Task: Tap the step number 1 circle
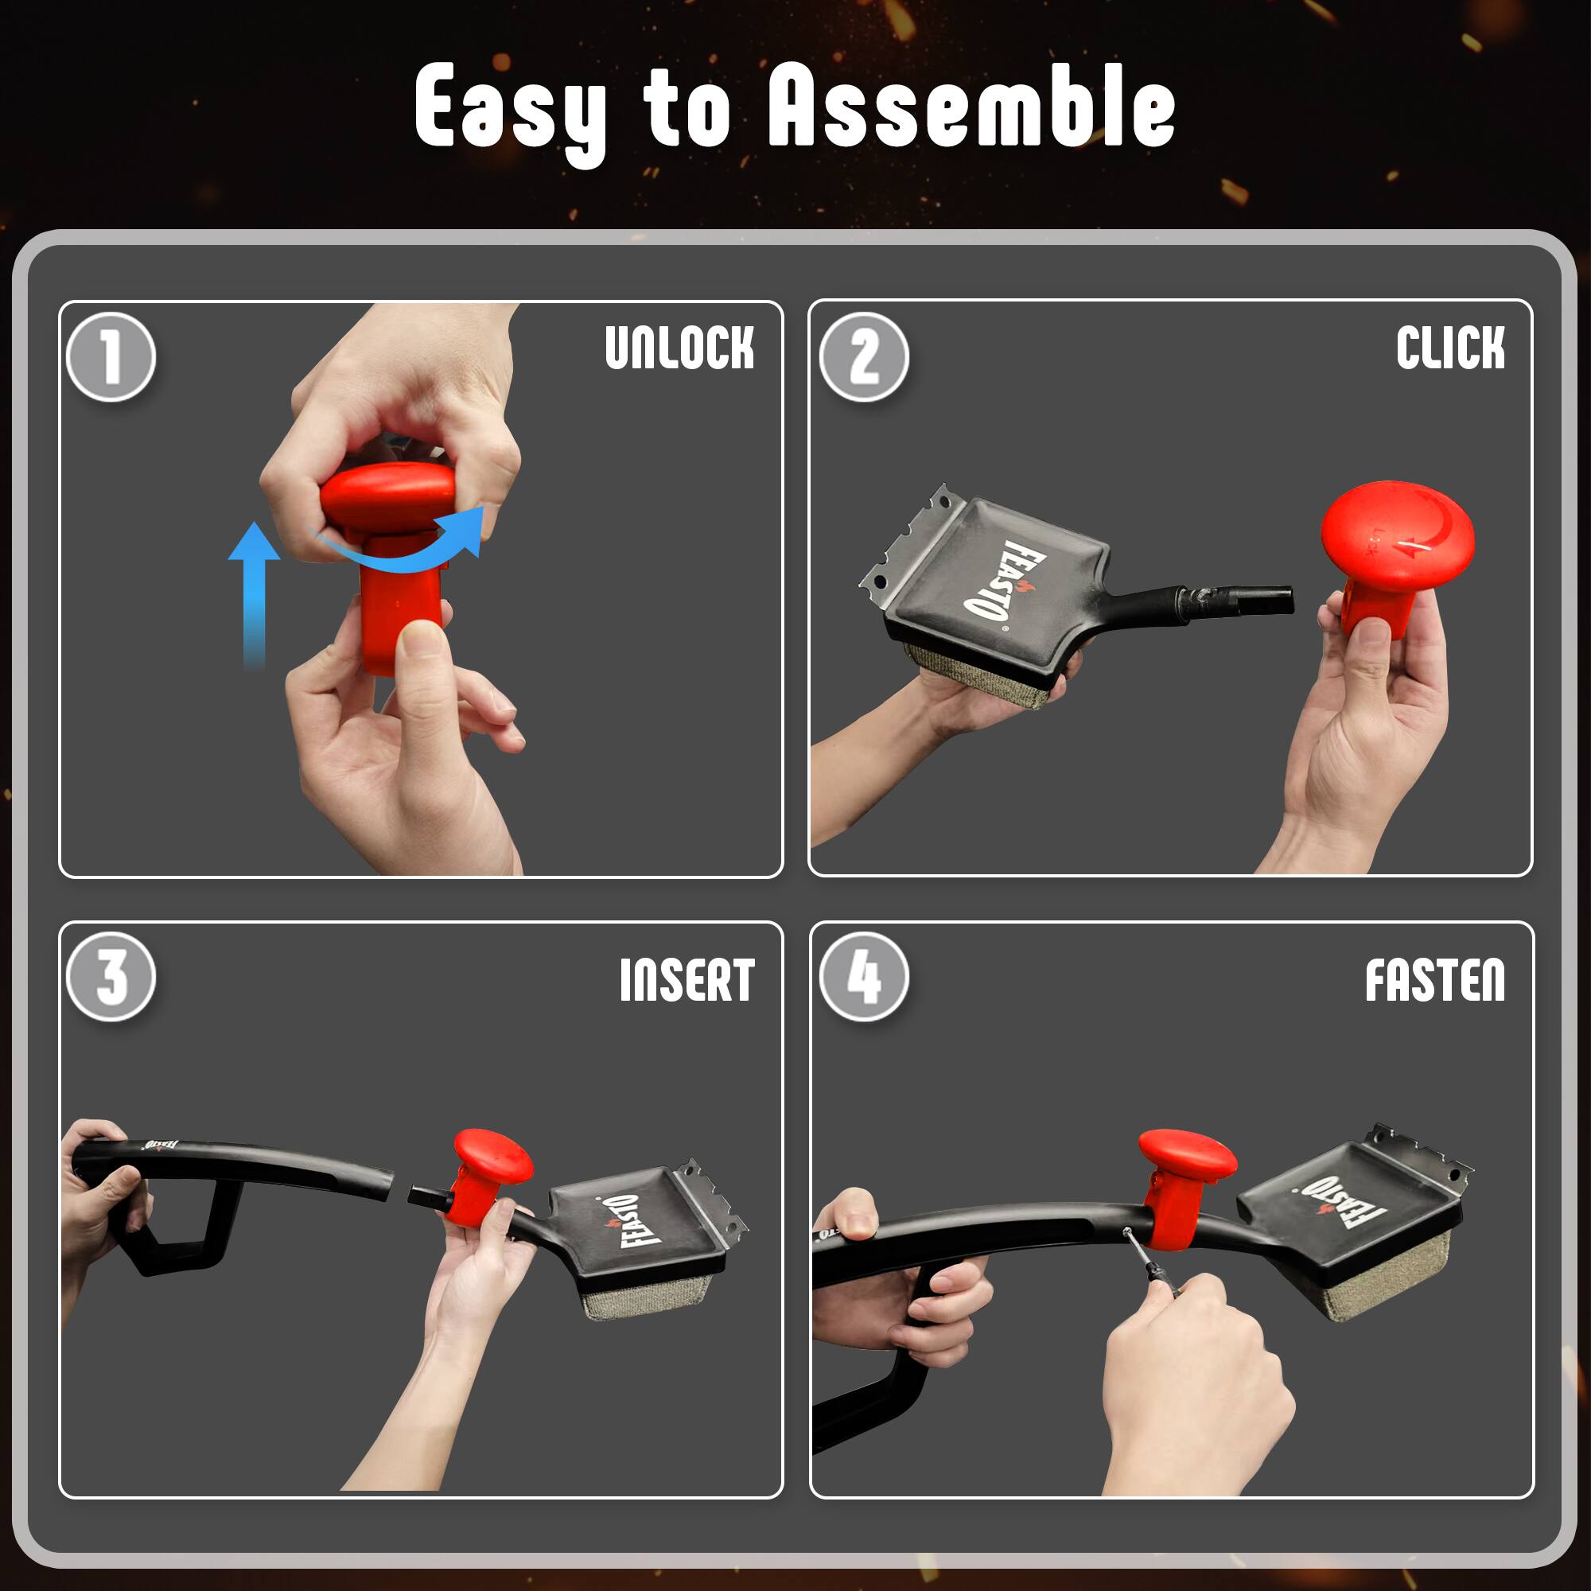(x=111, y=357)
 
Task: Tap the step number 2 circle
(x=864, y=357)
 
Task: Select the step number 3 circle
(x=111, y=978)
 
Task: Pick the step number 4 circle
(x=864, y=978)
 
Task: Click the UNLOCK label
(x=679, y=348)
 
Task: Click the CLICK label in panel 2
(x=1450, y=348)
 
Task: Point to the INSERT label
(x=687, y=980)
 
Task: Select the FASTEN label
(x=1435, y=980)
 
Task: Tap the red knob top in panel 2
(x=1397, y=535)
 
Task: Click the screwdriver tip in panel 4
(x=1127, y=1232)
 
